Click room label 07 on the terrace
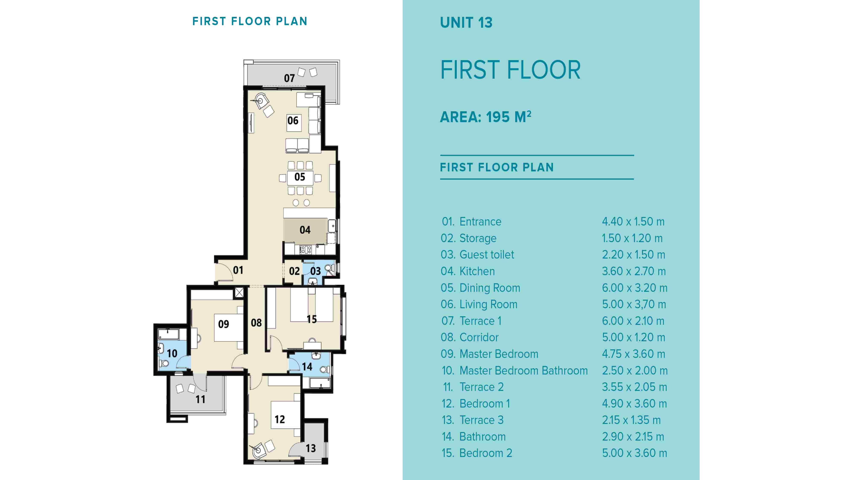[289, 78]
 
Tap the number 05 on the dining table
[300, 177]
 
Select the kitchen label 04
[305, 230]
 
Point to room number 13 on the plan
[311, 448]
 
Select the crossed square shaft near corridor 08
[239, 292]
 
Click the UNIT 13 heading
[466, 23]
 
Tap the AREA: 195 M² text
[485, 117]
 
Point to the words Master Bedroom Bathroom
[523, 371]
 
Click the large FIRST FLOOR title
[510, 70]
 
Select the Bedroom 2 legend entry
[485, 453]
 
